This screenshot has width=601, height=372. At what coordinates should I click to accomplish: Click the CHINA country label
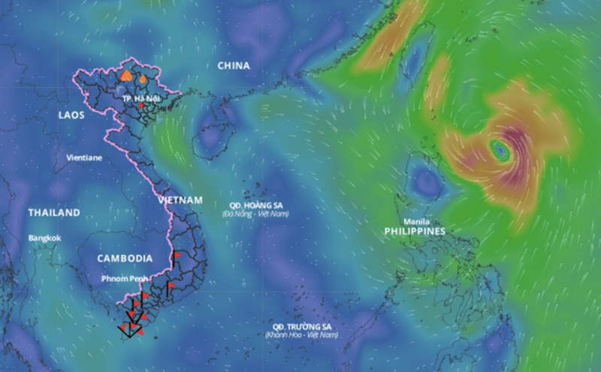point(234,66)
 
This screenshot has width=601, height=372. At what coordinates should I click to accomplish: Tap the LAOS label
point(71,115)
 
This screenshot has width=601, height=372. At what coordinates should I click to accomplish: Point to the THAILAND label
point(54,213)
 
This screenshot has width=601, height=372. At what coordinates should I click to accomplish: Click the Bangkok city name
point(45,238)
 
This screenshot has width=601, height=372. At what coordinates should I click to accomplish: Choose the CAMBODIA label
point(125,258)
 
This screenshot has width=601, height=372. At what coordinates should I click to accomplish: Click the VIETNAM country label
point(180,200)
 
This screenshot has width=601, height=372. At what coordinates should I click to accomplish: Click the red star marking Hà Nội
point(140,106)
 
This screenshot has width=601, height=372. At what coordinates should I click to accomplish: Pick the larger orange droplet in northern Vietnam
point(127,75)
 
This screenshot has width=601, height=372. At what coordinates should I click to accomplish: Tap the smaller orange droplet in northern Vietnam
point(142,76)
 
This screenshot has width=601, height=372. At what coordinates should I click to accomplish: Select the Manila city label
point(417,221)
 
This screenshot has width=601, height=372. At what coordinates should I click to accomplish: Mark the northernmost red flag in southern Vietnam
point(177,255)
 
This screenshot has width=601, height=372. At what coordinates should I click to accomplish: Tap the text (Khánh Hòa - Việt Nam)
point(301,334)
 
